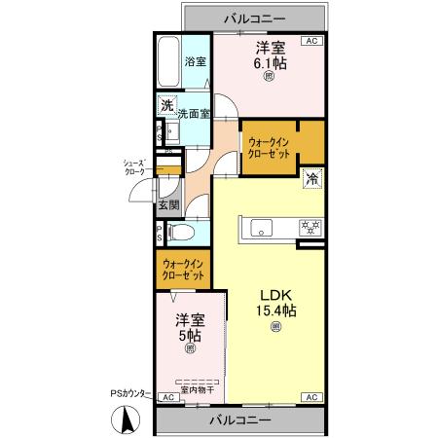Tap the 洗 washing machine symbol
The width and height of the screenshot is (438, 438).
coord(167,106)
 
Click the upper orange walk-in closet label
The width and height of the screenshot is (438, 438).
coord(270,146)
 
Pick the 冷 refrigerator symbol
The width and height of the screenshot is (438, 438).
coord(312,178)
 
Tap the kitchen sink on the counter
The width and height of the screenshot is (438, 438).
coord(264,229)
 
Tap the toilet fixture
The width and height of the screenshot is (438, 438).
coord(181,233)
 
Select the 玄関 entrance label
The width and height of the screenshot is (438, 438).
coord(167,204)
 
